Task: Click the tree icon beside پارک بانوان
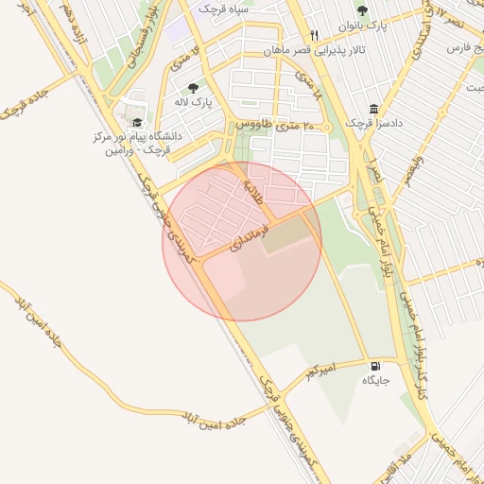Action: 362,11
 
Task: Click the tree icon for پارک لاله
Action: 193,88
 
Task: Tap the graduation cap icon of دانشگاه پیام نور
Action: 137,123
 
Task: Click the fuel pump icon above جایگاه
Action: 377,367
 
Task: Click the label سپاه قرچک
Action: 222,8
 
